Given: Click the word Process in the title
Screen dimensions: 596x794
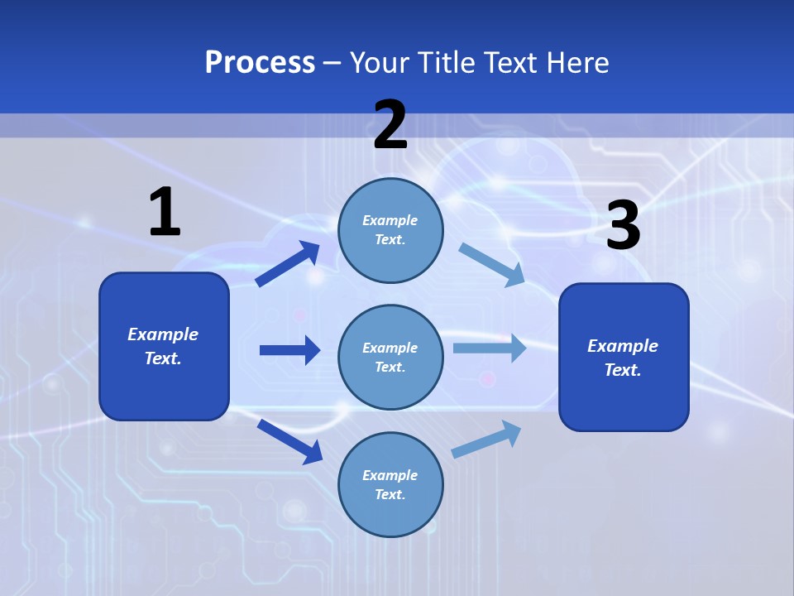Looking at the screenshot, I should (x=260, y=63).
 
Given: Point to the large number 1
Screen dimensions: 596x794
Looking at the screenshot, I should (x=165, y=212).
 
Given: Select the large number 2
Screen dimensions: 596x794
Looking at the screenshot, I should (x=390, y=126).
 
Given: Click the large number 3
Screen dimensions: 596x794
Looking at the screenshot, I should (x=623, y=226).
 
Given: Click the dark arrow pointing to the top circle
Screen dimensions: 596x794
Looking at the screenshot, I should (x=288, y=264).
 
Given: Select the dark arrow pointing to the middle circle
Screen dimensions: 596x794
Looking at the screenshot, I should (x=289, y=350).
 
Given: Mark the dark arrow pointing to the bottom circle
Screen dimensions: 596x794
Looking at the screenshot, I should (x=289, y=440).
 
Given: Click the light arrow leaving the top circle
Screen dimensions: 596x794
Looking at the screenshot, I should (x=492, y=264).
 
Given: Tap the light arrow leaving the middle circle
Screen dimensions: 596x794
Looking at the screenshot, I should (x=490, y=348).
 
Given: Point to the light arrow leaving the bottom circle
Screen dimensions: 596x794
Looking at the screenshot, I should (x=487, y=439).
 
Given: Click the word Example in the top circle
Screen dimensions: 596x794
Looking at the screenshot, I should (x=390, y=221).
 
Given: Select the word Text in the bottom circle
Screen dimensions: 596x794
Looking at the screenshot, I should (x=389, y=494).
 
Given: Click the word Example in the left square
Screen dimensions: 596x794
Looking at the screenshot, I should (x=163, y=334).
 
